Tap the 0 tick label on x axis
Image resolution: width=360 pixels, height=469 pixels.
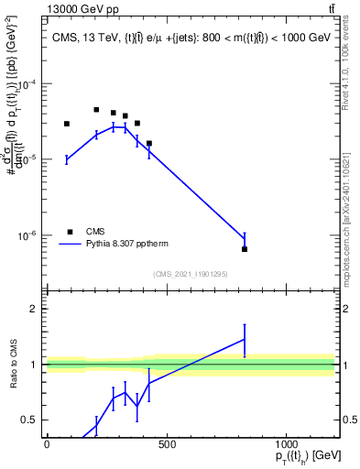coord(47,444)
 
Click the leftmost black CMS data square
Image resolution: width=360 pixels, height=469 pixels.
coord(67,124)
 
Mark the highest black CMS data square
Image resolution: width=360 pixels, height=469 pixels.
coord(96,110)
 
